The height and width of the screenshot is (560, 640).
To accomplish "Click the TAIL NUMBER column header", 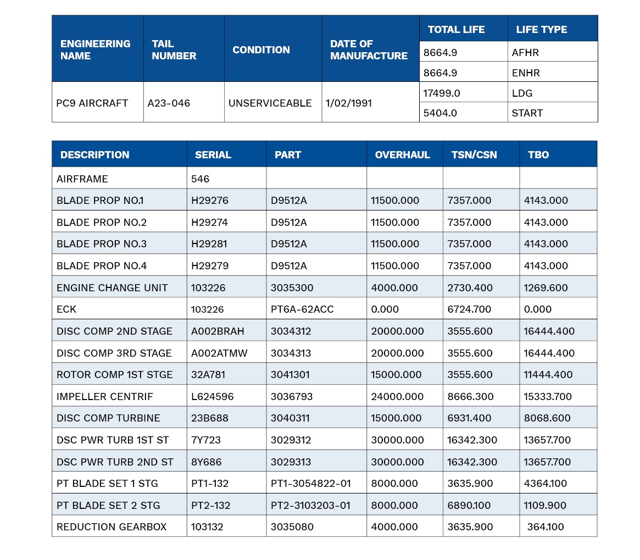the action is (174, 49).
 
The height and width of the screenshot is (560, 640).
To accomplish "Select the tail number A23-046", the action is (169, 103).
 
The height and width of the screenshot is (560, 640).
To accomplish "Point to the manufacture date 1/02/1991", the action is (349, 103).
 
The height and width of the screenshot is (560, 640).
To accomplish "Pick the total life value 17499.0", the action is (442, 93).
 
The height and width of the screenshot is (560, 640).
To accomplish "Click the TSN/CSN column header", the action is (474, 155).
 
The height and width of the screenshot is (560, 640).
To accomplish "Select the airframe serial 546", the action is (200, 179).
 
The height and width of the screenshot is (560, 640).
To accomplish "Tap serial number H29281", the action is (209, 244).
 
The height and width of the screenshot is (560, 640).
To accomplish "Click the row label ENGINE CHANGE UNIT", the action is (112, 287).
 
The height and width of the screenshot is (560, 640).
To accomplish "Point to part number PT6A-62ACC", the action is (302, 309).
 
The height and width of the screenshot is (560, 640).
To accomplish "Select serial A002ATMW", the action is (219, 353).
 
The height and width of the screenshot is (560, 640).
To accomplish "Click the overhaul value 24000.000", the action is (397, 397).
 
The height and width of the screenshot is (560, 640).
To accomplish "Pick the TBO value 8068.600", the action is (547, 418).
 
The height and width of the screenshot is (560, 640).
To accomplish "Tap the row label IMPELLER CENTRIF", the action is (104, 397).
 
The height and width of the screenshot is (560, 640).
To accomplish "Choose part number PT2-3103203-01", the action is (310, 505).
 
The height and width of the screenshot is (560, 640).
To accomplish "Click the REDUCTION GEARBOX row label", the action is (112, 527).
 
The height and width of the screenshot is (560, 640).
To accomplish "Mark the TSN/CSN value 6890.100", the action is (469, 505).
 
